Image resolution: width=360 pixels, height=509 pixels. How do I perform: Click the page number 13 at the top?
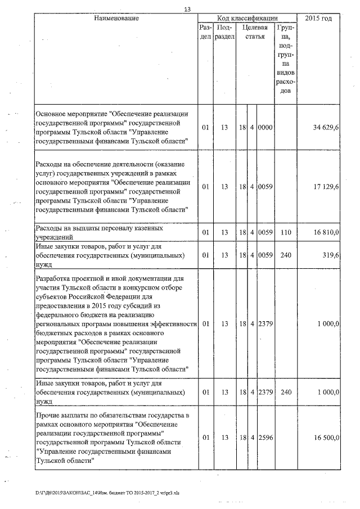(x=187, y=9)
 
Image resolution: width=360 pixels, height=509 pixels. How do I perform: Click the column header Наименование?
(x=116, y=19)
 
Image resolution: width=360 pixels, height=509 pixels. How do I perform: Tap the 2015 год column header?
(x=318, y=19)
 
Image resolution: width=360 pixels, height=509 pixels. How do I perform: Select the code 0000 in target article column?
(x=265, y=128)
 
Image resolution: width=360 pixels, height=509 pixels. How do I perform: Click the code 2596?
(x=265, y=437)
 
